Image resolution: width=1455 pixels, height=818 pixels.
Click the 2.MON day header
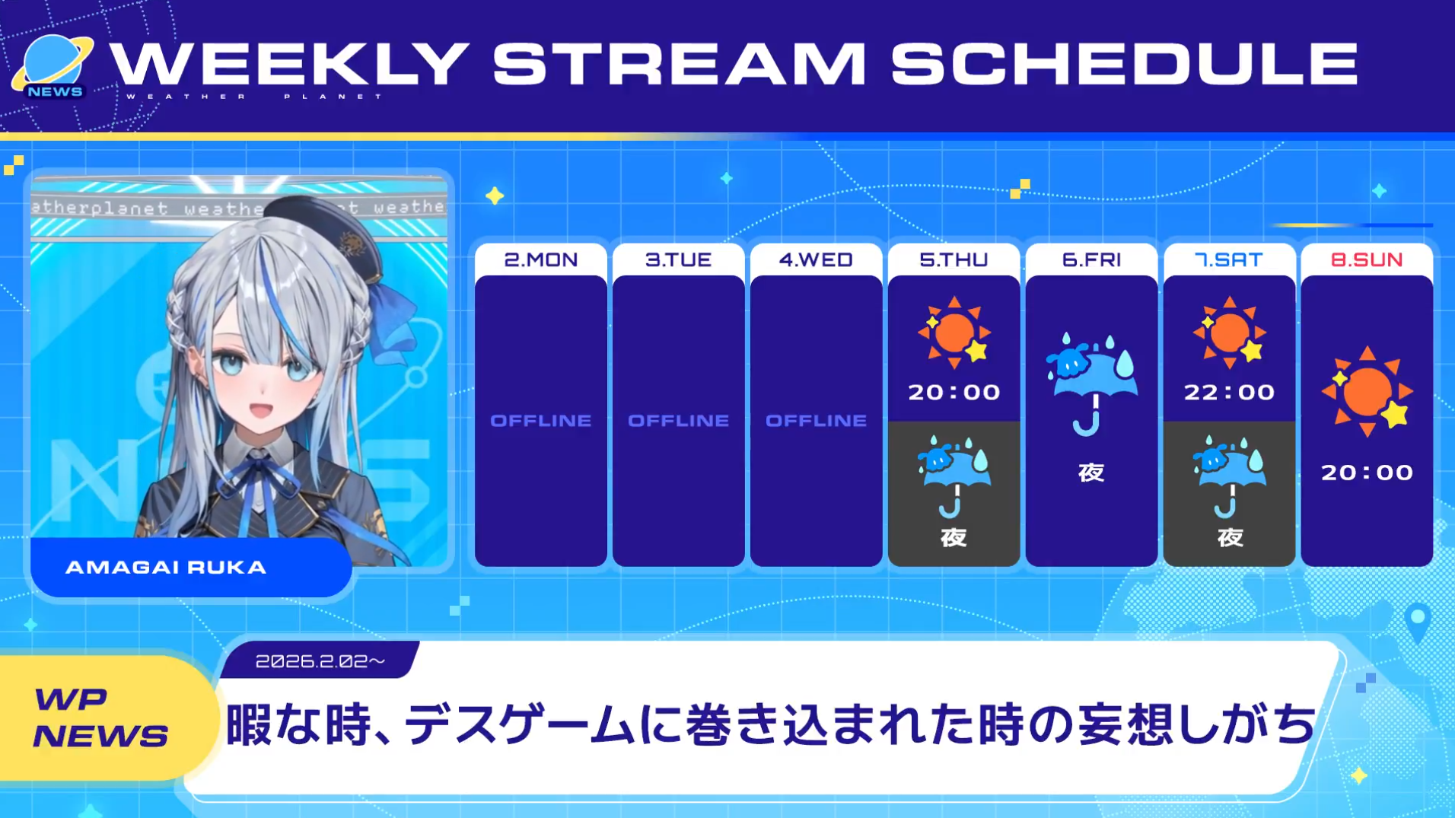(540, 259)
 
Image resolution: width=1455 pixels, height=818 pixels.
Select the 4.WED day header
(816, 259)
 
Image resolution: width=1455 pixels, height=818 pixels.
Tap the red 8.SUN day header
(1367, 259)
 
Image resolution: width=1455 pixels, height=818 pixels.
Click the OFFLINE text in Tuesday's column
(678, 420)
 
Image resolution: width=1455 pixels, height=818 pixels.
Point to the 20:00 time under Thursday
(954, 392)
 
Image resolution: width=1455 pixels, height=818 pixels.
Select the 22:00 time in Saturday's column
(1229, 392)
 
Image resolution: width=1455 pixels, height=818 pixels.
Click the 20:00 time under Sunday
(1367, 472)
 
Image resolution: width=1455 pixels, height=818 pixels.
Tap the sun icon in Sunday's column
(1367, 391)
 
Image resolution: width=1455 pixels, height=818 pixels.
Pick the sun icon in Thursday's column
(954, 333)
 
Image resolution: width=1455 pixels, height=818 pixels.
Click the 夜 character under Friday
(1091, 473)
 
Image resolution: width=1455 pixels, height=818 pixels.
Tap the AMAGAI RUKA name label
(166, 567)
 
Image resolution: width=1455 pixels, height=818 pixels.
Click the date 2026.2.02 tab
(320, 660)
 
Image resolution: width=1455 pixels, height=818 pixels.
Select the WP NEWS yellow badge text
(100, 718)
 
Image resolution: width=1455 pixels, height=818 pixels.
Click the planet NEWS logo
(53, 67)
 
